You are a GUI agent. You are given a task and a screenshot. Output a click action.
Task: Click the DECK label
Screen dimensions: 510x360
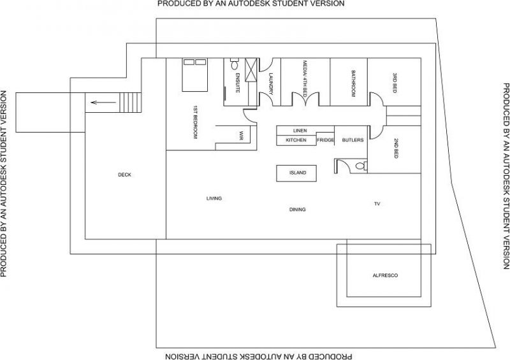click(124, 175)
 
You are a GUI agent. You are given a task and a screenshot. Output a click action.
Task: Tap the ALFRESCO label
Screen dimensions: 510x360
click(385, 275)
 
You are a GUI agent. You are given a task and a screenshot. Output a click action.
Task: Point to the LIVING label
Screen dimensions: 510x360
click(214, 198)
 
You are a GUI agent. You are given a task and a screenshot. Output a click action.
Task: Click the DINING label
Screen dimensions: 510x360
click(297, 210)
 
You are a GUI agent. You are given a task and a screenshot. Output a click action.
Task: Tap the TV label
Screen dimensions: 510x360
click(377, 204)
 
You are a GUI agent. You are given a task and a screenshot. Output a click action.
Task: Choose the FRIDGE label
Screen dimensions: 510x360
click(326, 140)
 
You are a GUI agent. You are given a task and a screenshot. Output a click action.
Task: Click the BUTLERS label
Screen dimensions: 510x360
click(353, 140)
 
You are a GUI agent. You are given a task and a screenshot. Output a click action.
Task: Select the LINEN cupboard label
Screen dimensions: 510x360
click(300, 131)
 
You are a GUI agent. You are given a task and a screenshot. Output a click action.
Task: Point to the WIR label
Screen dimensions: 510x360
click(241, 136)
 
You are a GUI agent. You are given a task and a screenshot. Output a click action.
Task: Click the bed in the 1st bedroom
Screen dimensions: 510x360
click(195, 75)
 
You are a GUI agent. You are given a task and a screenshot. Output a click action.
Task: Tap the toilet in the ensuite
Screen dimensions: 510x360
click(234, 64)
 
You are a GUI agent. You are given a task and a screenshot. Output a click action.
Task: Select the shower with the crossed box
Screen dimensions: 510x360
click(251, 70)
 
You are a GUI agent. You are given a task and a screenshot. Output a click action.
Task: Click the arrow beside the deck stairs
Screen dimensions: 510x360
click(103, 103)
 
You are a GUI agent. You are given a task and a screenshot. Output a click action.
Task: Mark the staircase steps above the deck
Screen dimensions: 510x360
click(131, 103)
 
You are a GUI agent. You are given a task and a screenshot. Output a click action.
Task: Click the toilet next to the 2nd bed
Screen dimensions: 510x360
click(361, 166)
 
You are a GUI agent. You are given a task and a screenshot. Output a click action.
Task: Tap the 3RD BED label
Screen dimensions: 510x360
click(395, 83)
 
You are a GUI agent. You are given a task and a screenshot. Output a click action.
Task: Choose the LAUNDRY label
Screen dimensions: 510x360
click(271, 83)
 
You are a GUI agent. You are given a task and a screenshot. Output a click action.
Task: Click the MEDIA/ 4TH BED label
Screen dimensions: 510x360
click(305, 79)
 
